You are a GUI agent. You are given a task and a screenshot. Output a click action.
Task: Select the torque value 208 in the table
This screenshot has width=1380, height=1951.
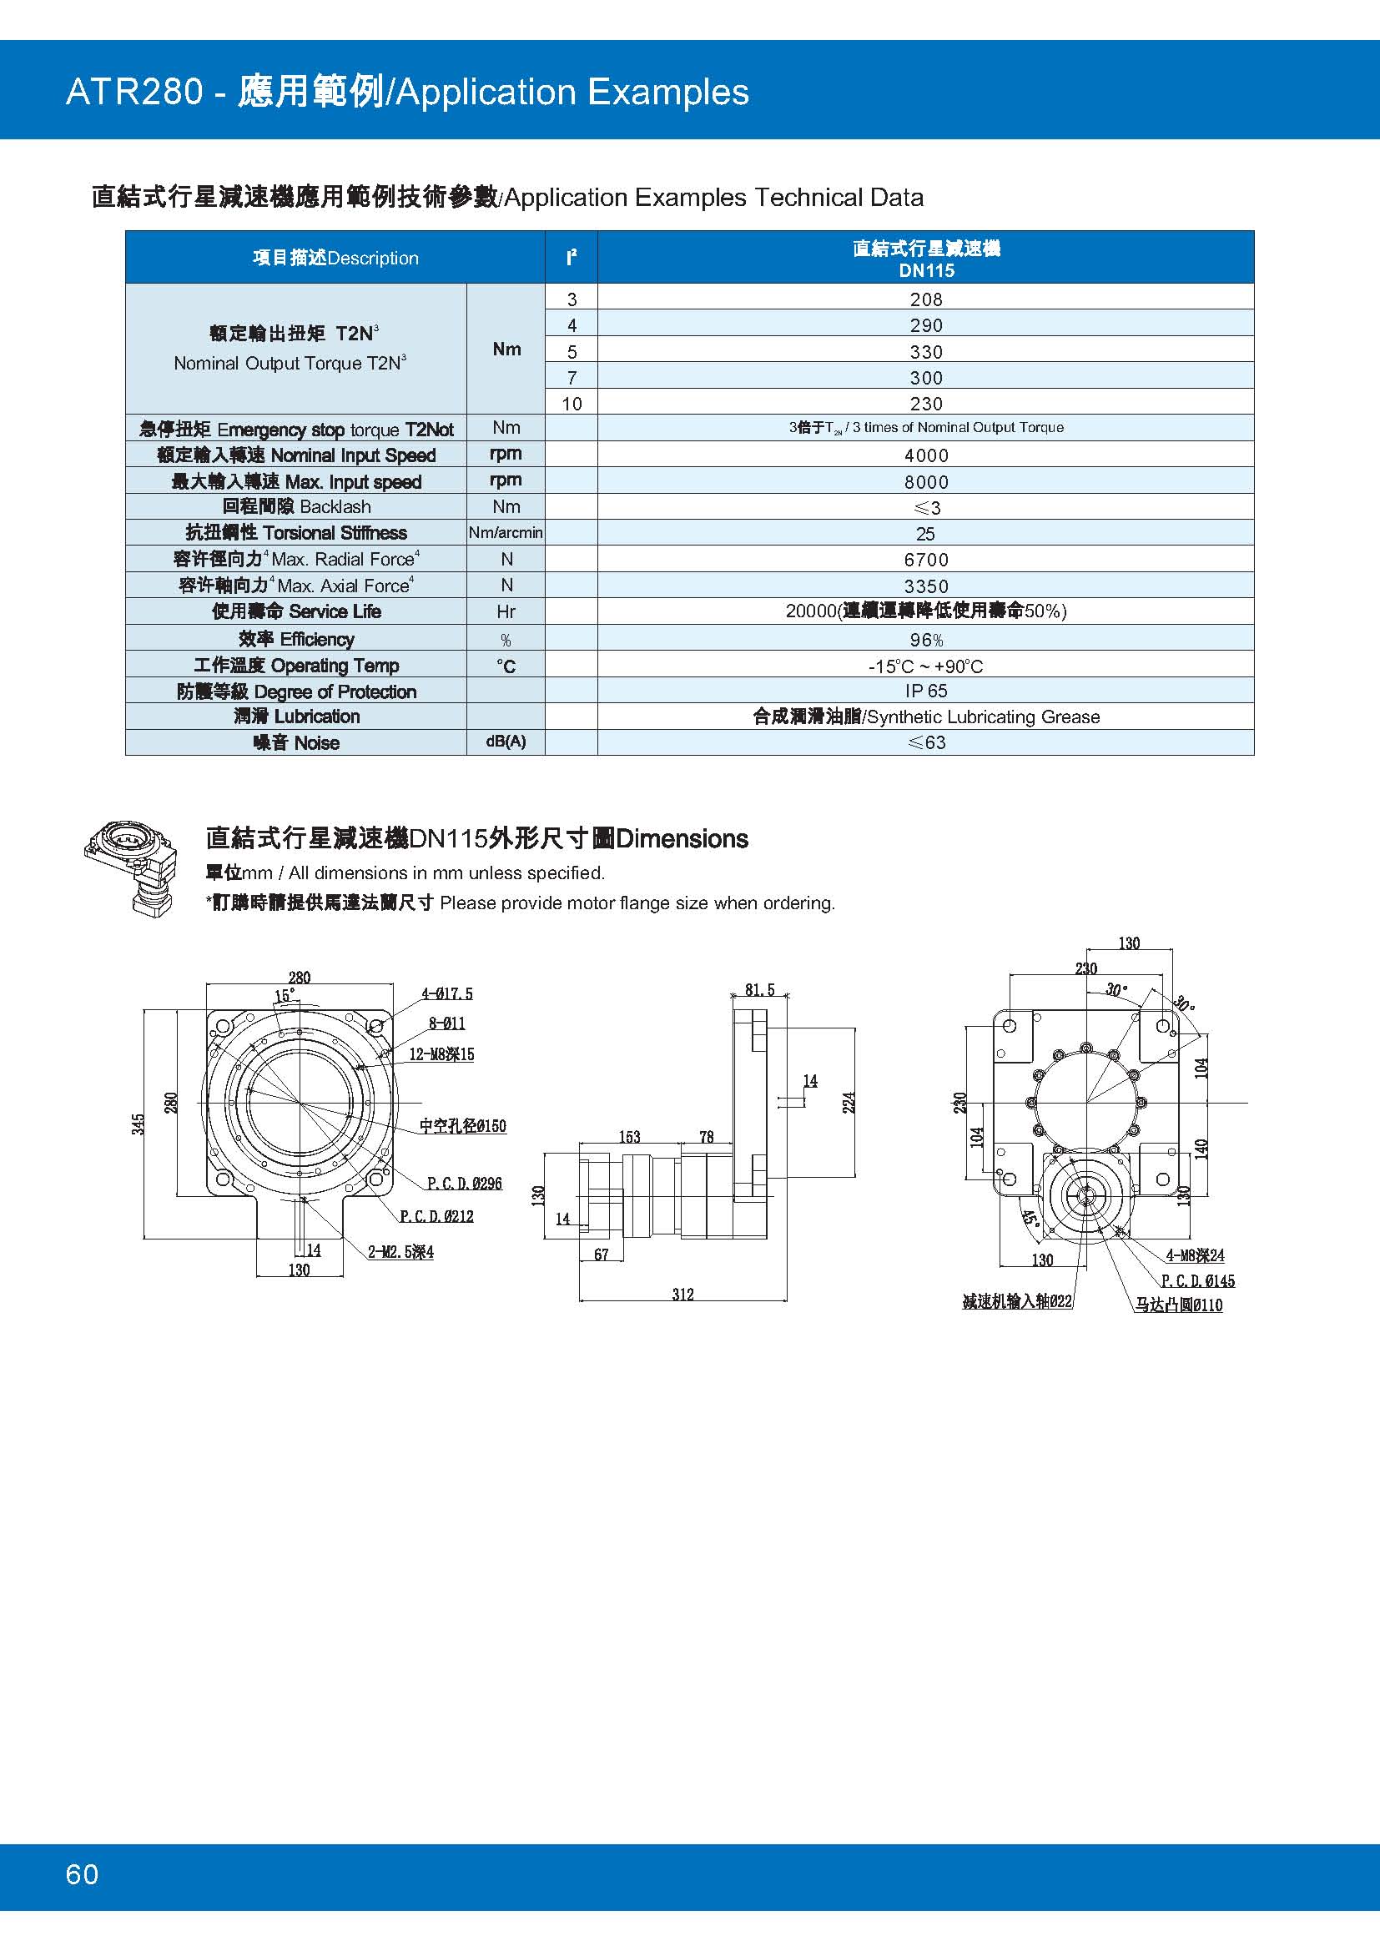925,299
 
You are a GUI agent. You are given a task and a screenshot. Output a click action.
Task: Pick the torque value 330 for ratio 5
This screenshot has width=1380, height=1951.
925,352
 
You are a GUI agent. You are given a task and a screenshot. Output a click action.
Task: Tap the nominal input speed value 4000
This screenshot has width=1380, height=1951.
925,455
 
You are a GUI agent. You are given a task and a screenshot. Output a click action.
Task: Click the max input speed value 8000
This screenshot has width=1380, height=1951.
925,482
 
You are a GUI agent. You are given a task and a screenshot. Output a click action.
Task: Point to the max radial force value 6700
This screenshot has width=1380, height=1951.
925,560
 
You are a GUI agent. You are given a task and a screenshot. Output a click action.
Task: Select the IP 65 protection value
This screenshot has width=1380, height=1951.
925,691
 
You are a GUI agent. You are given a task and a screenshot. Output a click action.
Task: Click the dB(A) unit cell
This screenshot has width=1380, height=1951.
506,742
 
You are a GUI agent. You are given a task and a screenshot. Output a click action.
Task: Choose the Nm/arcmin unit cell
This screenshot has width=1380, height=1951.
506,533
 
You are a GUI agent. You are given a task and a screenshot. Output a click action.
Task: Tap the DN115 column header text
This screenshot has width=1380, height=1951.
926,271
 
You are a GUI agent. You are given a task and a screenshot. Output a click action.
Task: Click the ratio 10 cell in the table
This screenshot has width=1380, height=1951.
572,404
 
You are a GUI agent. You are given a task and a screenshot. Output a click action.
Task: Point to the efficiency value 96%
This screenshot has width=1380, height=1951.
925,640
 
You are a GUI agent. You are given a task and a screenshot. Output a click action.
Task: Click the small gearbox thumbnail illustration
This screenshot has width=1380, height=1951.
132,867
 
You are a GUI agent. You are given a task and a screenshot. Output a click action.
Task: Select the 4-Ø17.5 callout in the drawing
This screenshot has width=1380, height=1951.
447,993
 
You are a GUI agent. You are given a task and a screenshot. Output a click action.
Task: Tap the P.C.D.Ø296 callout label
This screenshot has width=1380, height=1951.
464,1183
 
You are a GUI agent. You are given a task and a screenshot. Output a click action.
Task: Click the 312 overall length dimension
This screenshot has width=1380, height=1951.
682,1295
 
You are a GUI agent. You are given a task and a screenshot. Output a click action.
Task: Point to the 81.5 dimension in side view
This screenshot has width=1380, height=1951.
758,990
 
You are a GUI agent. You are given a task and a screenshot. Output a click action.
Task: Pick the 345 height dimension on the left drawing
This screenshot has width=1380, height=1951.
139,1124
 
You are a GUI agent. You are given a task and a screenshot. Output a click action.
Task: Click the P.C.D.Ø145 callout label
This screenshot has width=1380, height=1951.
1197,1280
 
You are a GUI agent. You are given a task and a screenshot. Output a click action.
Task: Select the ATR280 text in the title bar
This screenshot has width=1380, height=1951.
134,92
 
